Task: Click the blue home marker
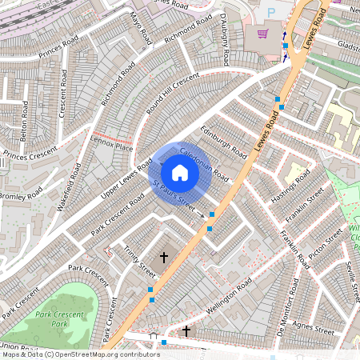[180, 173]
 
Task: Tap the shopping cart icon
[262, 34]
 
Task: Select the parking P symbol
[270, 12]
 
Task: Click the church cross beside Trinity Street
[165, 258]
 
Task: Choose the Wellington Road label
[229, 294]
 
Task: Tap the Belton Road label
[24, 118]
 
